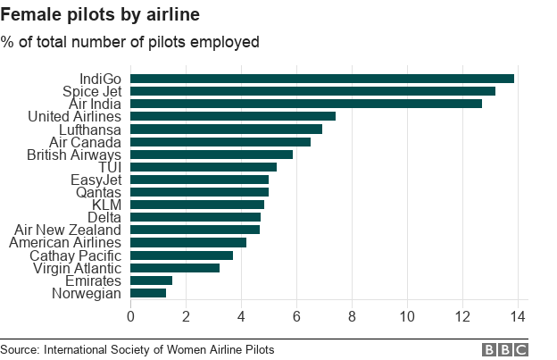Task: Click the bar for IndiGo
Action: (x=322, y=79)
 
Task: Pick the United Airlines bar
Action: (x=233, y=116)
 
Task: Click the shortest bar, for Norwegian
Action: (x=148, y=292)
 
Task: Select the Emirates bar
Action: (x=152, y=280)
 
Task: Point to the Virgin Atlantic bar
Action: (x=175, y=267)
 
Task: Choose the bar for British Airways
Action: (x=212, y=154)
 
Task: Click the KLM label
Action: (x=106, y=204)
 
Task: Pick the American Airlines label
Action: (x=65, y=242)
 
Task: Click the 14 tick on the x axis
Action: (x=517, y=316)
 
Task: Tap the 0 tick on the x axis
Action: (x=131, y=316)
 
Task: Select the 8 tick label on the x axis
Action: (x=352, y=316)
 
